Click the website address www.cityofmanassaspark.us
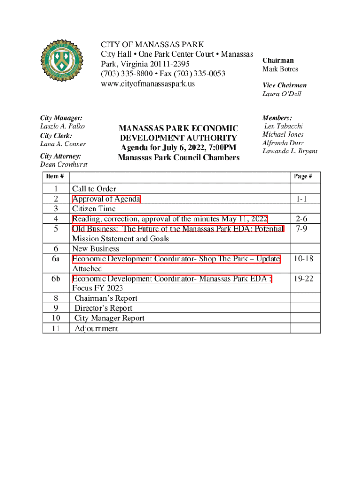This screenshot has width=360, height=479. (148, 84)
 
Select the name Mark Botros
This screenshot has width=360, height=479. (280, 69)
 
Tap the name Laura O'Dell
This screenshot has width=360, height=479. (281, 94)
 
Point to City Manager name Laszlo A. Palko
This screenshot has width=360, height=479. (63, 126)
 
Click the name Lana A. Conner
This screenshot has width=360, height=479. (63, 144)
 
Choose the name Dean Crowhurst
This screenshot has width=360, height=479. (64, 164)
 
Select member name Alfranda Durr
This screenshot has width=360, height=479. (283, 143)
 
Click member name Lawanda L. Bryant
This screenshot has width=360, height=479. (290, 152)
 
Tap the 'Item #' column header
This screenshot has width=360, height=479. (55, 176)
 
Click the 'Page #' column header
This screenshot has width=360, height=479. (303, 176)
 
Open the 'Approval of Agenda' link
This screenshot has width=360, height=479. (106, 199)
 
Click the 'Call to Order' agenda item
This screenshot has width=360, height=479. (94, 189)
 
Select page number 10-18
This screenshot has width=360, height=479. (303, 259)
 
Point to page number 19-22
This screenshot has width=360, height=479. (303, 279)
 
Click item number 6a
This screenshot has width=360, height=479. (56, 259)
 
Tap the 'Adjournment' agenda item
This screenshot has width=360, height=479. (97, 328)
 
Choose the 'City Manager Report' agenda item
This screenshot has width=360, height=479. (109, 318)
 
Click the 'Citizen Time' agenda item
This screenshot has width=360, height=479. (94, 209)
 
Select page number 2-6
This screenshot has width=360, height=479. (302, 218)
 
